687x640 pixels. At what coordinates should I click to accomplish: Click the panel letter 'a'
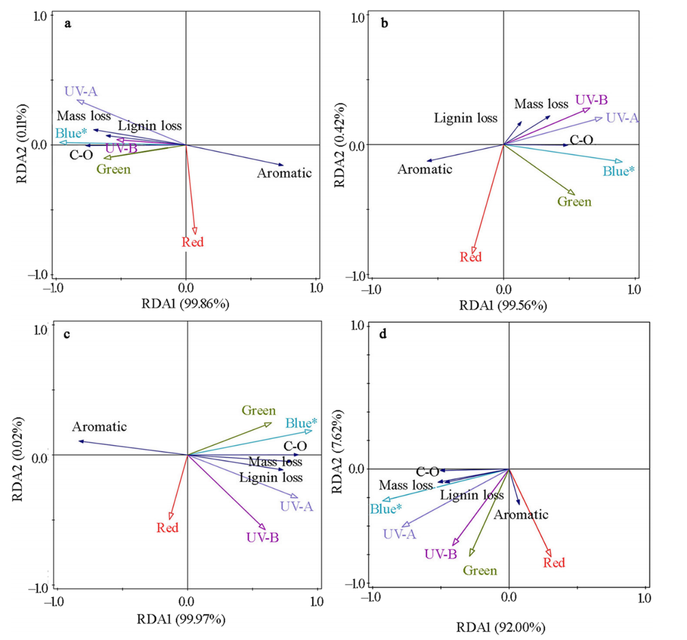(68, 23)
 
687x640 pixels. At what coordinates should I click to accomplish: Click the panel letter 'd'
(383, 334)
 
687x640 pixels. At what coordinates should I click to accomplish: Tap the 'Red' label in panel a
(193, 242)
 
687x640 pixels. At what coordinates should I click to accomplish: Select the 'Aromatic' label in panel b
(424, 169)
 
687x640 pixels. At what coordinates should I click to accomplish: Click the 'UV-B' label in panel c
(263, 537)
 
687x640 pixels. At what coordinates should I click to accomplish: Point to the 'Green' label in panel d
(480, 571)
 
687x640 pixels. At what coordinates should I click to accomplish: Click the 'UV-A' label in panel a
(81, 92)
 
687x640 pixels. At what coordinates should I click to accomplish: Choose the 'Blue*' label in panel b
(618, 172)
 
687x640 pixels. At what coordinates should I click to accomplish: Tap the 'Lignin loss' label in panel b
(465, 118)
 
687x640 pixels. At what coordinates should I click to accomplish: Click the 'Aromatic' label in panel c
(99, 427)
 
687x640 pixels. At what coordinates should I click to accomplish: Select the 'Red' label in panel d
(554, 563)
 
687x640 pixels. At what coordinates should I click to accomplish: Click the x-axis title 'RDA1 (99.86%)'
(185, 304)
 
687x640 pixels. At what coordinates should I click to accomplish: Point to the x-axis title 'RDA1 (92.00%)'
(501, 628)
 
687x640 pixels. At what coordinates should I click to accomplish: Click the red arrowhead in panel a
(195, 231)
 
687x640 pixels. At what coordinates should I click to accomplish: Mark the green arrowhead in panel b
(572, 192)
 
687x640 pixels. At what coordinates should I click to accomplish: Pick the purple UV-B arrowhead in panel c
(262, 527)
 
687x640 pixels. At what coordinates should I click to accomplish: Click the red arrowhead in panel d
(548, 553)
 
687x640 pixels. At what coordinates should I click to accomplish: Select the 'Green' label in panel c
(259, 410)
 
